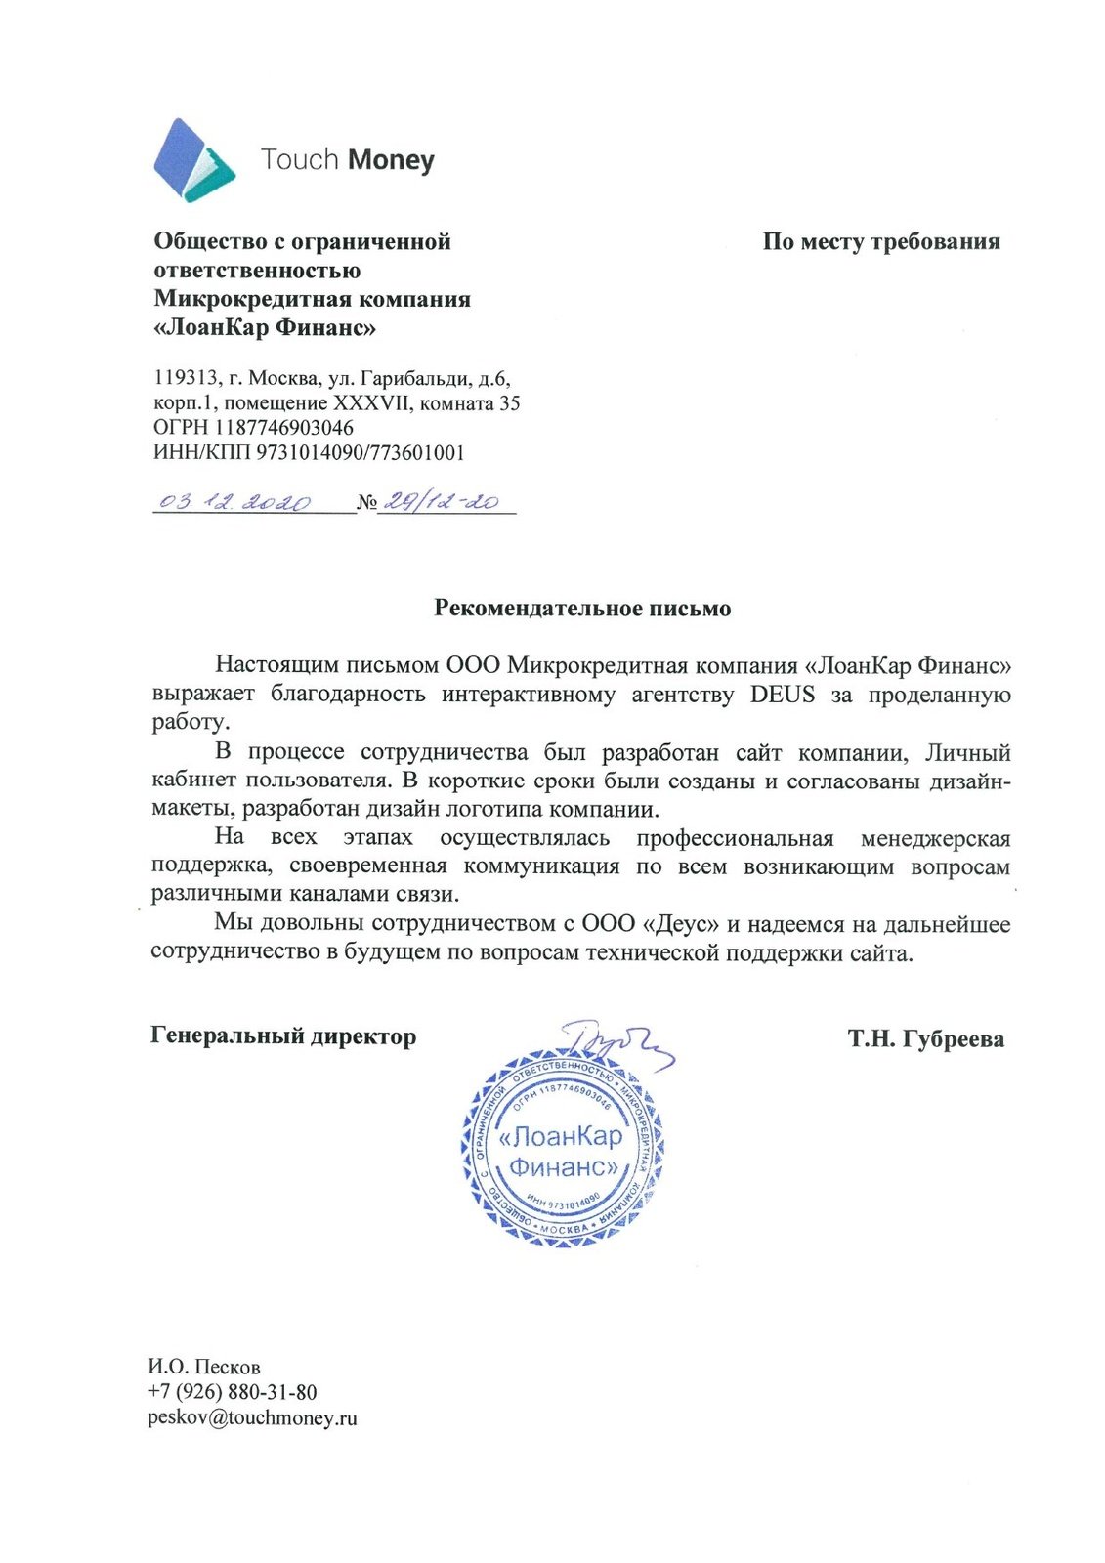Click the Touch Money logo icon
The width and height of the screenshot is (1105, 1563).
click(x=193, y=160)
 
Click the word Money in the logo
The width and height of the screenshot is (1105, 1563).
click(x=391, y=160)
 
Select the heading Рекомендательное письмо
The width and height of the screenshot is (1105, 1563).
click(x=582, y=609)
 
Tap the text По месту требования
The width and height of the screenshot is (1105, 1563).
click(x=881, y=242)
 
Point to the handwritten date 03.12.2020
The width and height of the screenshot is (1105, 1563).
click(x=234, y=502)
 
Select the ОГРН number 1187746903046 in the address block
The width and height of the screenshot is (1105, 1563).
click(x=284, y=428)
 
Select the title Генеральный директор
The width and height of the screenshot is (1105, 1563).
click(x=283, y=1036)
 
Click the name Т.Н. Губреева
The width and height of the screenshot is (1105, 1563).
click(x=925, y=1038)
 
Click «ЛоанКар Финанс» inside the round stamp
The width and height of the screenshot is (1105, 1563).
click(x=562, y=1152)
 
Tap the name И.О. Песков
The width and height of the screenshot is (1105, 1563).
click(x=204, y=1367)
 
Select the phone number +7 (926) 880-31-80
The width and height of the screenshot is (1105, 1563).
click(x=233, y=1392)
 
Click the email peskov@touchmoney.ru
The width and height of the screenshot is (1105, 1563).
click(x=252, y=1417)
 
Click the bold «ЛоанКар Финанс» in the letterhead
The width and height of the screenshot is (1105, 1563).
click(x=265, y=328)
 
